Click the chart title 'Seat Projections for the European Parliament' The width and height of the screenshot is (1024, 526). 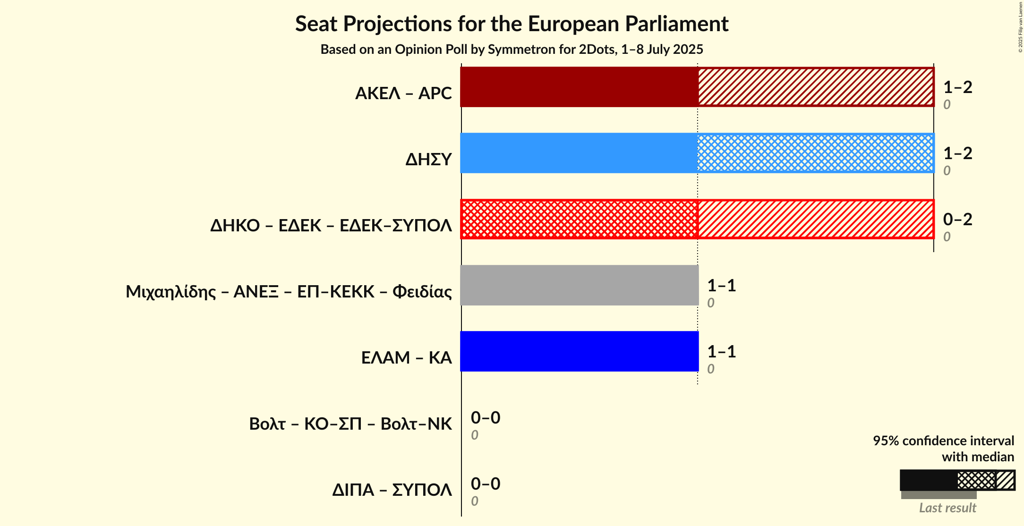click(x=512, y=24)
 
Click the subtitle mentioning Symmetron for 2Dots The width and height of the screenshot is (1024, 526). click(x=512, y=50)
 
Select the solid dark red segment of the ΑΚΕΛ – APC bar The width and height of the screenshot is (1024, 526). click(x=579, y=87)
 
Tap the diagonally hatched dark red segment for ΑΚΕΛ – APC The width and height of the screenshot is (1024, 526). click(x=816, y=87)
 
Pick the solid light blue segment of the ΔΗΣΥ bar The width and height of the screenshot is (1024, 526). click(x=579, y=153)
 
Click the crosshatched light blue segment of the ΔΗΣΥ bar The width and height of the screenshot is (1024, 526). click(x=816, y=153)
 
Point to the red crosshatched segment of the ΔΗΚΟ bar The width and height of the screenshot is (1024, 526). click(x=579, y=219)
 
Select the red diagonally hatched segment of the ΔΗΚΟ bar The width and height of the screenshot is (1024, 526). click(x=816, y=219)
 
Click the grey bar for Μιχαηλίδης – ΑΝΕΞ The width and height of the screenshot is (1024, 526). click(x=579, y=285)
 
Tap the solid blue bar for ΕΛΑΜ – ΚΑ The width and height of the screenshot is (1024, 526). click(x=579, y=351)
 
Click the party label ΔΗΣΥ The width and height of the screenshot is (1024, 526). click(x=428, y=160)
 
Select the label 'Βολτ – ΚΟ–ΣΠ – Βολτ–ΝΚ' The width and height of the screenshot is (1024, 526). click(x=350, y=424)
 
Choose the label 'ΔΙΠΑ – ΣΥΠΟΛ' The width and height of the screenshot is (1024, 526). click(x=392, y=490)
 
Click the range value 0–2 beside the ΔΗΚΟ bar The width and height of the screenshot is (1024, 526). click(x=957, y=220)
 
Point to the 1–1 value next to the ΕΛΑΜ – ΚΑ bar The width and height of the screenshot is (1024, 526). click(x=721, y=352)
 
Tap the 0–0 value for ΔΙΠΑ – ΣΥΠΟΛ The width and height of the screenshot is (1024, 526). click(x=485, y=484)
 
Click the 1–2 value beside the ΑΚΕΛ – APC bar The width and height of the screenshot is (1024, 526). click(x=957, y=87)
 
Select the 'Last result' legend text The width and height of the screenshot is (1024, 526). click(x=947, y=508)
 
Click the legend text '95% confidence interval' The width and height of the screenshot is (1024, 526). click(x=943, y=441)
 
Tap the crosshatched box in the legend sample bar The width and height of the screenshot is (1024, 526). click(x=976, y=481)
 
